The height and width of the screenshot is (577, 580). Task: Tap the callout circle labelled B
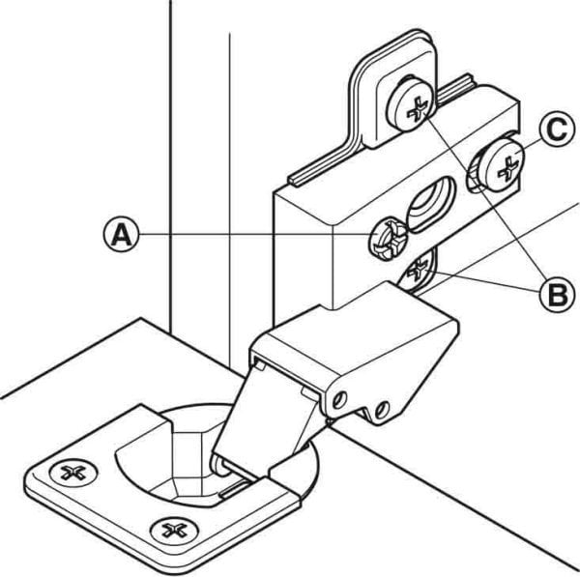click(555, 294)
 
